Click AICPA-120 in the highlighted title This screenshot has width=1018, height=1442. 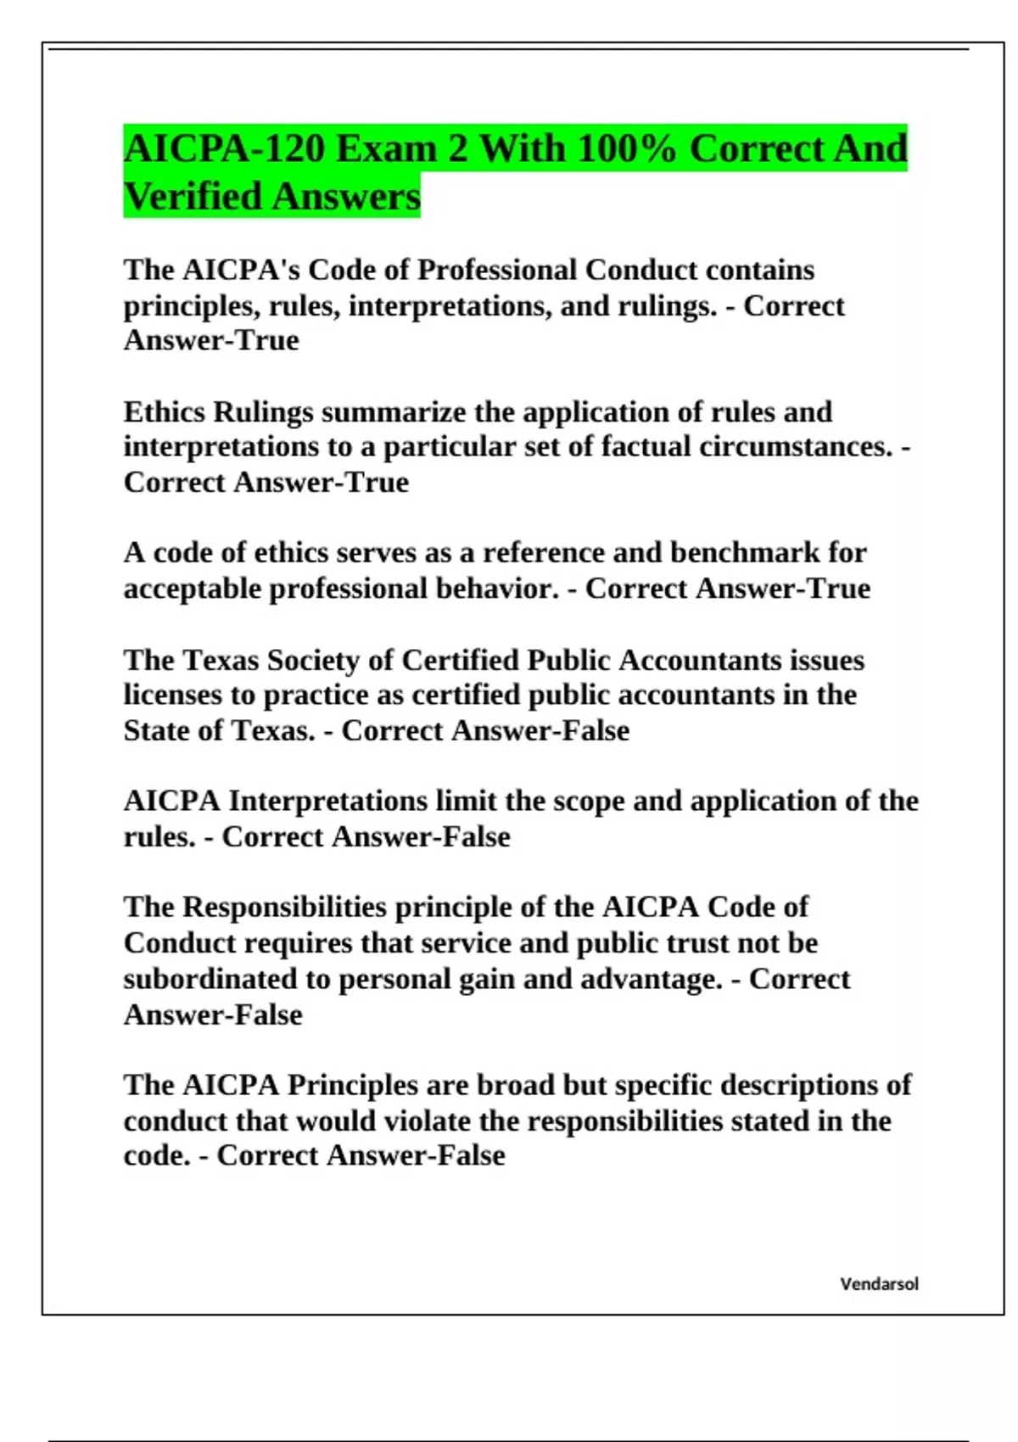(x=224, y=148)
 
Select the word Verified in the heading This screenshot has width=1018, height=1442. (x=193, y=196)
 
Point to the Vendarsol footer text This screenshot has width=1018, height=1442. (x=879, y=1284)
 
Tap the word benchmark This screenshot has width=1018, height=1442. (x=745, y=552)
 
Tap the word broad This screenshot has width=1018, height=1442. (x=509, y=1085)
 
